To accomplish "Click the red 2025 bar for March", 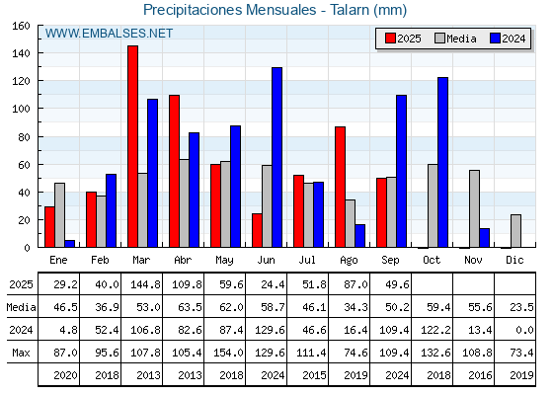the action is click(x=133, y=146).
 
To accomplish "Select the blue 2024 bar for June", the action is click(x=276, y=157).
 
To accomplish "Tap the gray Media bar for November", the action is click(x=474, y=208).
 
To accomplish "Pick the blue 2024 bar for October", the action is click(x=443, y=162).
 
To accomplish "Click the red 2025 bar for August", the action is click(x=341, y=187).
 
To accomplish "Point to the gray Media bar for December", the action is click(x=515, y=231).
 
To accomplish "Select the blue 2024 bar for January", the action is click(x=70, y=244).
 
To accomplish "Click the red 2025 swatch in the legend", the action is click(x=390, y=39).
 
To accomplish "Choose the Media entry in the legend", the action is click(x=455, y=39).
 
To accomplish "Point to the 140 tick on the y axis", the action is click(x=39, y=53).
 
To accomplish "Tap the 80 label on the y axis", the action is click(x=24, y=137).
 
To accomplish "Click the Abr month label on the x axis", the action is click(x=183, y=260).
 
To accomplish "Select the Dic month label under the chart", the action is click(x=514, y=260).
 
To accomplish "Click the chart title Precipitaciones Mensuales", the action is click(x=229, y=10).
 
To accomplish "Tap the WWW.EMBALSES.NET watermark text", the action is click(x=109, y=34).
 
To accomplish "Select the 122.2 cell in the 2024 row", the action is click(x=435, y=330).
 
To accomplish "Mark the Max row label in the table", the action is click(x=21, y=353).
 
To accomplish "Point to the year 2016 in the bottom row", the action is click(x=480, y=375).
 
